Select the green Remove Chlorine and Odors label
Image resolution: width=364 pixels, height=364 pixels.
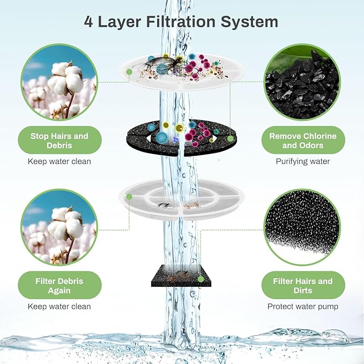pyautogui.click(x=303, y=140)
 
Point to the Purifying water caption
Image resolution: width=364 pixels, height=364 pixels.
pyautogui.click(x=303, y=161)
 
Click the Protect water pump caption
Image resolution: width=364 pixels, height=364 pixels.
pyautogui.click(x=303, y=306)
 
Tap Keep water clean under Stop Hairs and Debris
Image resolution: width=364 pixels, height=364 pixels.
pyautogui.click(x=59, y=161)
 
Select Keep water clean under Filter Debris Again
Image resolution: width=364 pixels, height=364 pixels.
pyautogui.click(x=59, y=306)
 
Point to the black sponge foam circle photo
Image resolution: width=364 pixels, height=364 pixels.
pyautogui.click(x=303, y=227)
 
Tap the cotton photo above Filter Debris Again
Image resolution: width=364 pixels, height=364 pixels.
pyautogui.click(x=59, y=227)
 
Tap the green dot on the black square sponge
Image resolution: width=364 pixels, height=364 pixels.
pyautogui.click(x=200, y=279)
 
